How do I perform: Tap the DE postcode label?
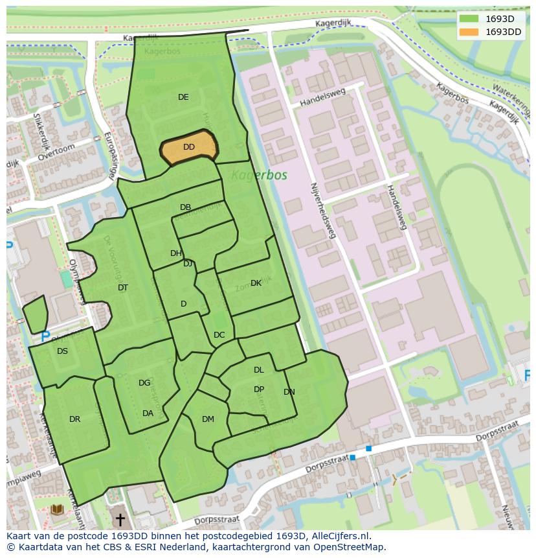coord(183,97)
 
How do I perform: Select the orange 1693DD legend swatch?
coord(469,32)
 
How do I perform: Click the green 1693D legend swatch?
coord(469,19)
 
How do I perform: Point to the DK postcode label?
coord(256,283)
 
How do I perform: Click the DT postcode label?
coord(123,288)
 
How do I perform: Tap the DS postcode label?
coord(62,351)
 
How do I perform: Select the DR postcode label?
coord(74,419)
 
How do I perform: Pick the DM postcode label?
coord(208,419)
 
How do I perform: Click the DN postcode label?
coord(289,392)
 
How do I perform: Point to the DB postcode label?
coord(185,207)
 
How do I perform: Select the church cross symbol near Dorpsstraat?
coord(119,520)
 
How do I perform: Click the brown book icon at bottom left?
coord(57,510)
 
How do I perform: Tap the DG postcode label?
coord(144,383)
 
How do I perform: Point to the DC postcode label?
coord(219,335)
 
